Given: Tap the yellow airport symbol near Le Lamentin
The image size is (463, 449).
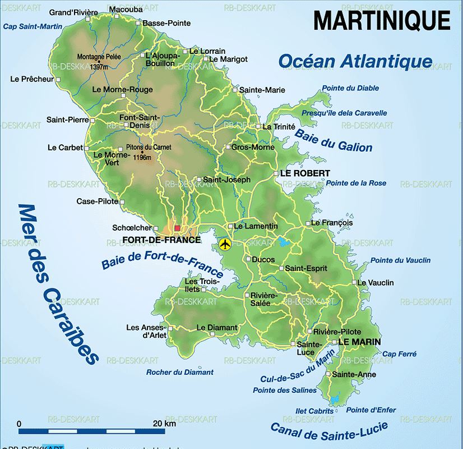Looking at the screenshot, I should pos(225,244).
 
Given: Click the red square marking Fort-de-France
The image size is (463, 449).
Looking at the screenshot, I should pos(178,228).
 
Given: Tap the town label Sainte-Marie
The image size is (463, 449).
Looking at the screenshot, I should pos(262,90).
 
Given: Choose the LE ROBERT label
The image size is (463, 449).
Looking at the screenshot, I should pos(305,173).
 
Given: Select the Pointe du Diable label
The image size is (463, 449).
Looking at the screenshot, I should pos(350,88).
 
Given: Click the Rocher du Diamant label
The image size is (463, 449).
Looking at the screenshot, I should pos(180,372).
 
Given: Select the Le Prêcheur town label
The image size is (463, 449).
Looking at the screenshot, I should pos(32,79).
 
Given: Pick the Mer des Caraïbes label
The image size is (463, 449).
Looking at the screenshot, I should pos(56,283).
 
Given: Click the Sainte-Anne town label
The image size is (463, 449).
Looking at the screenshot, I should pos(354,374).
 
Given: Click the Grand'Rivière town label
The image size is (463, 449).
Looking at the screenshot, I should pos(73,12).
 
